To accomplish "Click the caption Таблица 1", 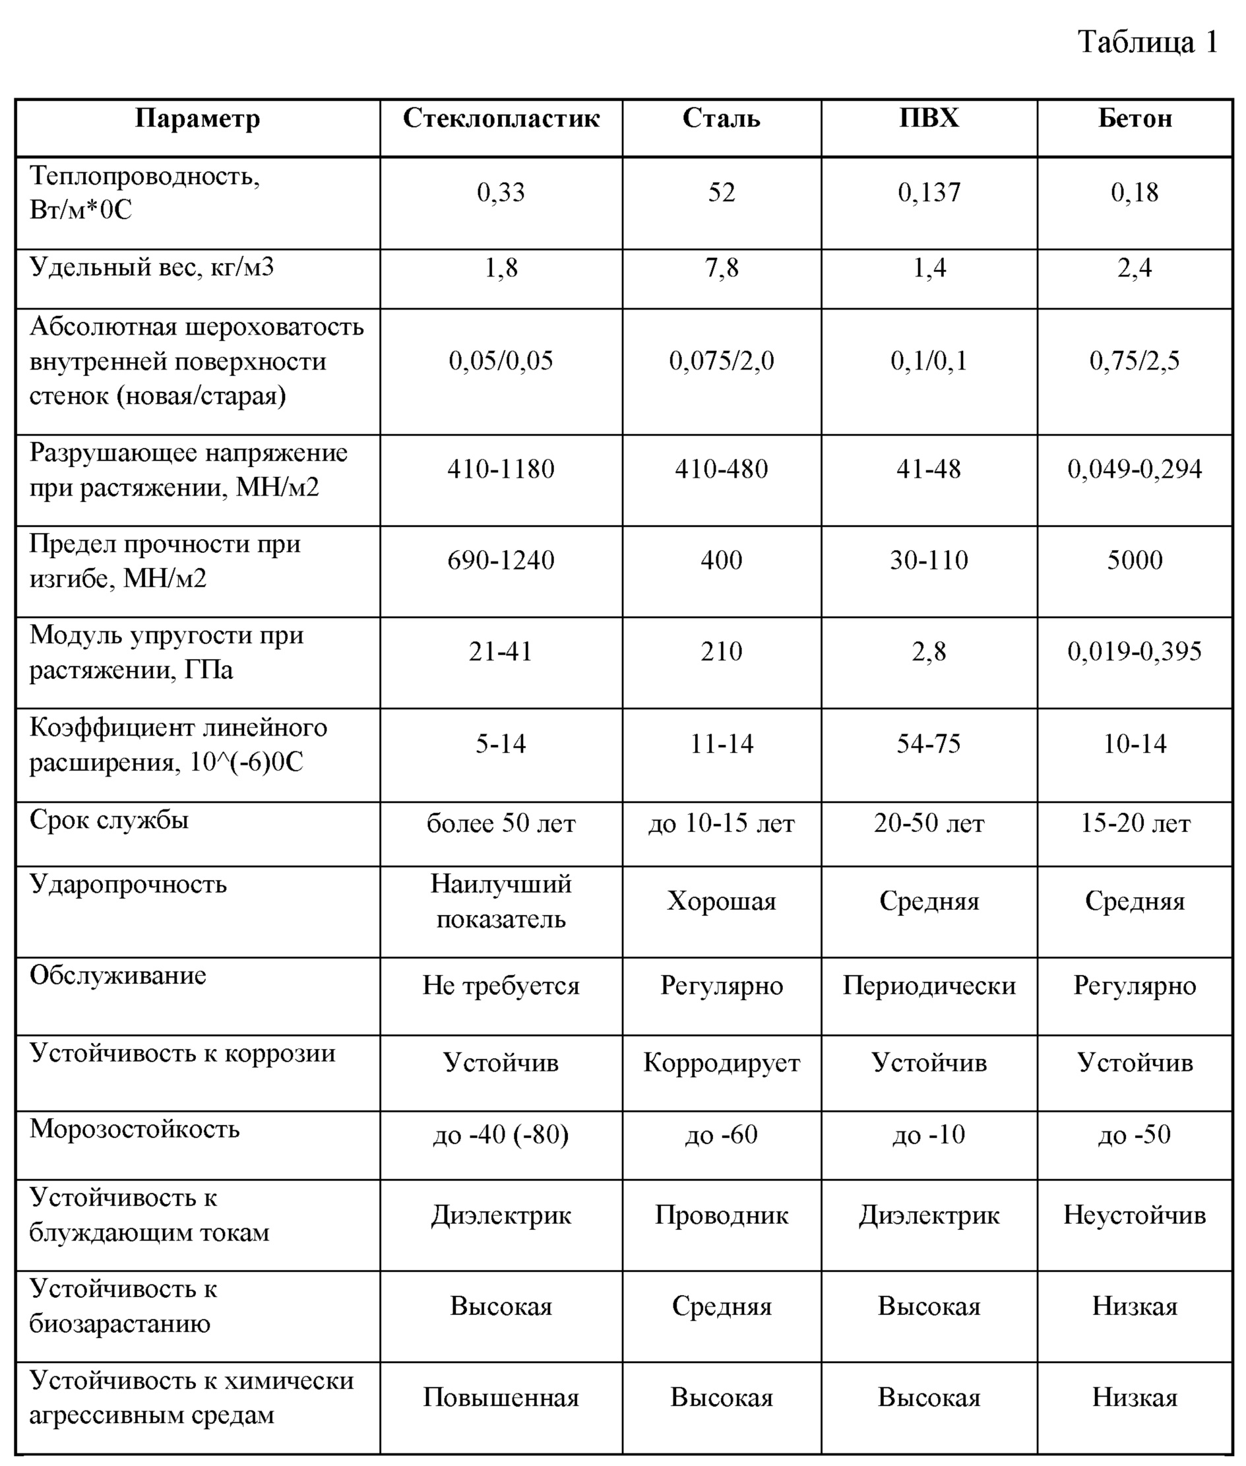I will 1147,42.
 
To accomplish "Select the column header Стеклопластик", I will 501,118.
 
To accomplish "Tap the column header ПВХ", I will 928,118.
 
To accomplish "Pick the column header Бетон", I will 1135,118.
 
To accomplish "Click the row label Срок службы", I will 109,819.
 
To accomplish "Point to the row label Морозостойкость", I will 134,1128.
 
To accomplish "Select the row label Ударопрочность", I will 128,884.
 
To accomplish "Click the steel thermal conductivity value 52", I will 721,192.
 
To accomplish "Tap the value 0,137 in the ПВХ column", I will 929,192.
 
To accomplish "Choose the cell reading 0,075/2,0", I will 721,361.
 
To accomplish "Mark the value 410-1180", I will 501,468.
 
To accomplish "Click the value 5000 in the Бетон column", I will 1135,559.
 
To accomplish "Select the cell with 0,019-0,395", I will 1135,651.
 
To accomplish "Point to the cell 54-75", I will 928,744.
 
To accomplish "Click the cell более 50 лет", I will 501,823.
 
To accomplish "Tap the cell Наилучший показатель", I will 501,901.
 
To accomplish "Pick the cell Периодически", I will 929,986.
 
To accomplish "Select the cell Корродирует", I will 721,1063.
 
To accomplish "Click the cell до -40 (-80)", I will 501,1135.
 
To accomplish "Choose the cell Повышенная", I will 501,1397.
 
